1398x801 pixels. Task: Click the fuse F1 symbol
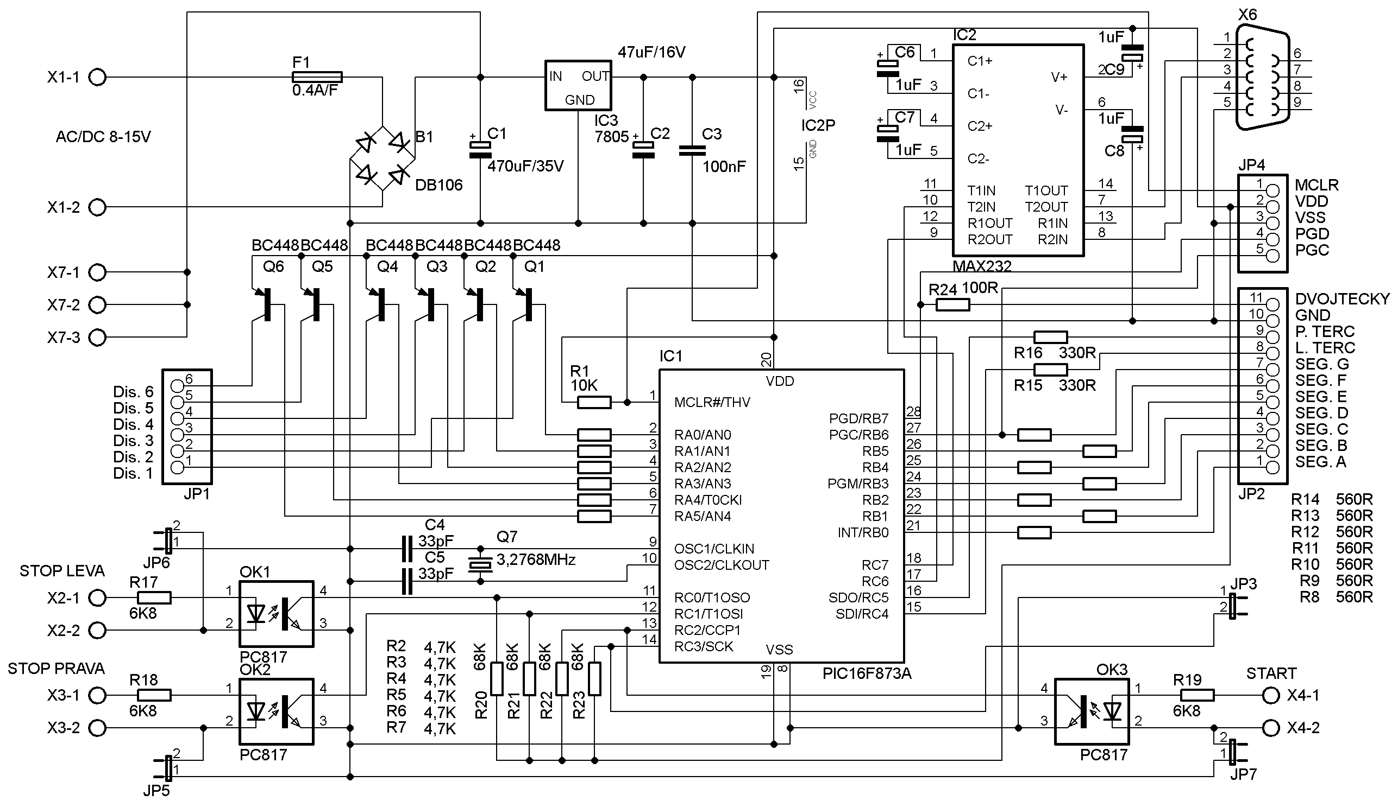click(x=317, y=77)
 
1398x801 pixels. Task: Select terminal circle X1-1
click(x=97, y=78)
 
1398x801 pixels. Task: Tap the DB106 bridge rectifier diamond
click(x=383, y=158)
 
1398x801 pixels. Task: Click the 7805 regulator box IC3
click(x=578, y=85)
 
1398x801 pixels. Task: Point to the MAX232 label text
click(x=982, y=266)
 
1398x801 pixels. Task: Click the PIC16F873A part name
click(x=867, y=673)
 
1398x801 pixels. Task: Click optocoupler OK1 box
click(x=277, y=614)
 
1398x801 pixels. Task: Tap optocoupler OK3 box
click(x=1092, y=711)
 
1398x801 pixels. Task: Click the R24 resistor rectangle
click(x=953, y=305)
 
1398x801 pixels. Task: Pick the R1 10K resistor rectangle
click(x=594, y=403)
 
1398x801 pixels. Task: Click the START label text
click(x=1271, y=673)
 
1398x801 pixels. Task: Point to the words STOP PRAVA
click(x=56, y=669)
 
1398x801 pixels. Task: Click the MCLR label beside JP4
click(x=1316, y=185)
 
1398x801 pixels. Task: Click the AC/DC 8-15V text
click(x=103, y=136)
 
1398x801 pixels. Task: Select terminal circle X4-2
click(x=1271, y=728)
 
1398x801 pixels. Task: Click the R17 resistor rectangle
click(x=154, y=597)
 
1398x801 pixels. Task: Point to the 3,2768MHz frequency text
click(x=536, y=560)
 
